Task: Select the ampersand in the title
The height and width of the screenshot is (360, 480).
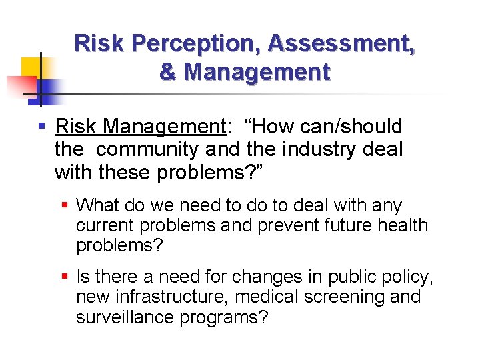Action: point(168,71)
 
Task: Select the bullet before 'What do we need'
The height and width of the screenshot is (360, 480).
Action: point(65,206)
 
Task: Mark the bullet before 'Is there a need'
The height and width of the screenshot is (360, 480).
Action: point(65,276)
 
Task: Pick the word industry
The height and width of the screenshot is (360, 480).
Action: point(320,150)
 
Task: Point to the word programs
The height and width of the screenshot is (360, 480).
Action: point(223,317)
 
